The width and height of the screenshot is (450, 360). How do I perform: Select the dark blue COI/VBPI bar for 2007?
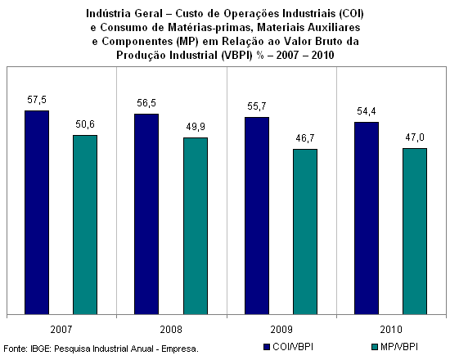coord(37,213)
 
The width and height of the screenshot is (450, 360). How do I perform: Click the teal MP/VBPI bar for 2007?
coord(85,225)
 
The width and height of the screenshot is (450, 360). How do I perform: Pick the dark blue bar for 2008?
coord(146,214)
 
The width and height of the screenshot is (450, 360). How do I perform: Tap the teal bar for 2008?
coord(196,226)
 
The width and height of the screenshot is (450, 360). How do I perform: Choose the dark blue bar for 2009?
coord(257,216)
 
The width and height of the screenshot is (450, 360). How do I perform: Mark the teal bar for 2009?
coord(305,232)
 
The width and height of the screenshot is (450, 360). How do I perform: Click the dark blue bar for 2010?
coord(367,218)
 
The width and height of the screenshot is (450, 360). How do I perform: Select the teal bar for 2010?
coord(415,232)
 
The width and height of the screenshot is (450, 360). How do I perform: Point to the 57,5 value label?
coord(37,100)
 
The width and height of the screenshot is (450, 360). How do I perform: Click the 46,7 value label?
coord(305,138)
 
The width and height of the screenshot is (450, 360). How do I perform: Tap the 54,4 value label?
coord(367,111)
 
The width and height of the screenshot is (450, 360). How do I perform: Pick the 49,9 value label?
coord(196,127)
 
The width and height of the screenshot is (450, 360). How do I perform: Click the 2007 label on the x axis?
coord(61,329)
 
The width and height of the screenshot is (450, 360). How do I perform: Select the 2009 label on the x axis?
coord(281,329)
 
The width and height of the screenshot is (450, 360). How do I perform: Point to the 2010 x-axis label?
coord(391,329)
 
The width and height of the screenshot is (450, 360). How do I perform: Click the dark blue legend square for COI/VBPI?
coord(267,347)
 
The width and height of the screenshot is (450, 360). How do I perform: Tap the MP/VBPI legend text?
coord(399,347)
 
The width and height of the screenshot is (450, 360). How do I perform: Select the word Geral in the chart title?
coord(148,13)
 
